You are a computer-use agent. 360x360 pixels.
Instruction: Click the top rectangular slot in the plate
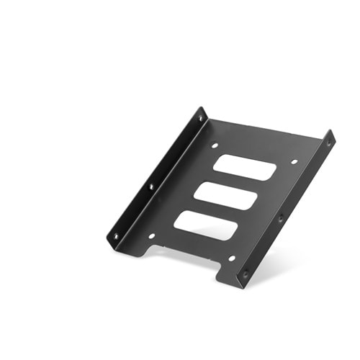(x=245, y=167)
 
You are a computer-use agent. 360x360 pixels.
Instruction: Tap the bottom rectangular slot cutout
(x=206, y=225)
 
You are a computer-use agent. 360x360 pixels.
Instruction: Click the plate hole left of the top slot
(x=215, y=146)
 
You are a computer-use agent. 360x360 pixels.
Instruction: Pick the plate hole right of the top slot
(x=294, y=162)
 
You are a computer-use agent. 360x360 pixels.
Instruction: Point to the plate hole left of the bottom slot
(x=152, y=235)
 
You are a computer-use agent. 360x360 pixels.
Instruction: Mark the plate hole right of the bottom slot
(x=231, y=258)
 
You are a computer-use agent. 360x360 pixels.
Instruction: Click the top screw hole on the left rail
(x=199, y=117)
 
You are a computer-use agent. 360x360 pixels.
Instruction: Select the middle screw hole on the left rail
(x=151, y=186)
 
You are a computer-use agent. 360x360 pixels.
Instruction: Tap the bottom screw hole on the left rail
(x=115, y=235)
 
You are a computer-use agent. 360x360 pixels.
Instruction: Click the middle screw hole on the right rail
(x=281, y=217)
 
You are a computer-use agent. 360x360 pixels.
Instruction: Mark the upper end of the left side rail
(x=202, y=112)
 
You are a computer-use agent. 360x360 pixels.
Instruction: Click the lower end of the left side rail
(x=111, y=240)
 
